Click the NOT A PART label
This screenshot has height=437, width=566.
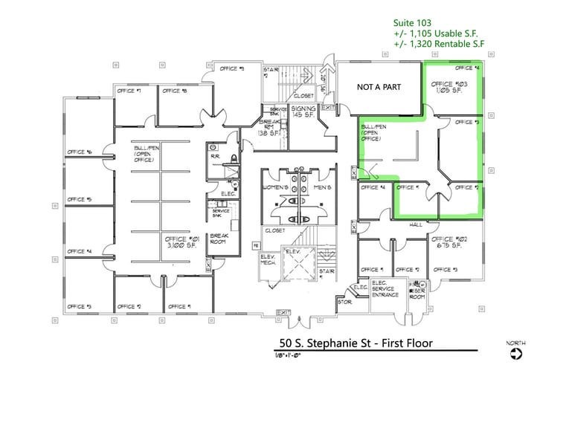point(379,88)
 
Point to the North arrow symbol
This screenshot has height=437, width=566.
point(515,354)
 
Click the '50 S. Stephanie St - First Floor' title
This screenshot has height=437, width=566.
point(354,343)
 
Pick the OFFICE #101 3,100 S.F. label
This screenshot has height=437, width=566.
point(178,242)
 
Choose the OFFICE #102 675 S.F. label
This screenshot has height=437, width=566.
point(446,242)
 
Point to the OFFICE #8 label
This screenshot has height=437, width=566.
point(174,91)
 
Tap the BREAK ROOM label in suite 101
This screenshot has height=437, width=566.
point(218,238)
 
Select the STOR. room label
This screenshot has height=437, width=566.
point(344,302)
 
